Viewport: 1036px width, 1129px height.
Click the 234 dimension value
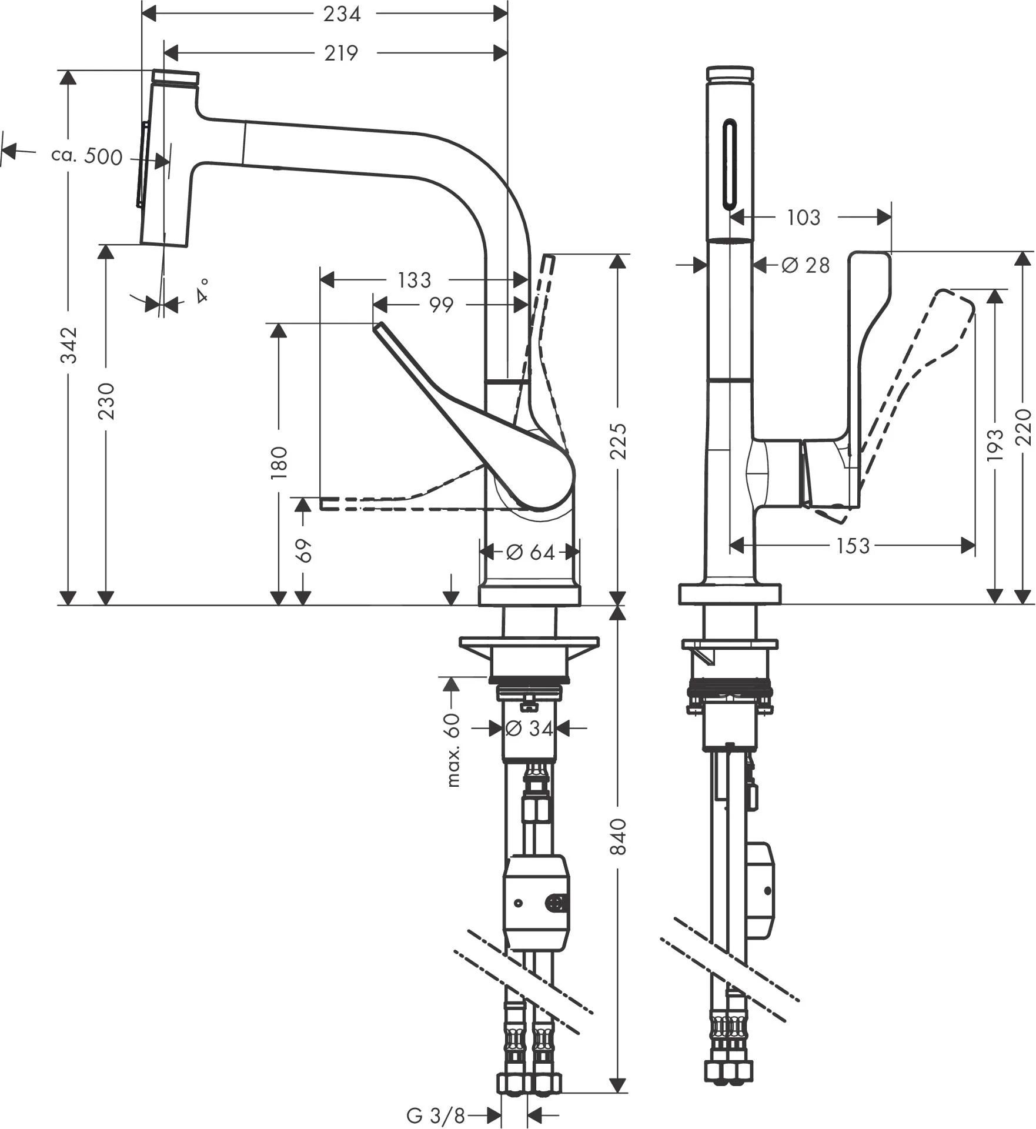[342, 14]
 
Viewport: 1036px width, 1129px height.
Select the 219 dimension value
[341, 54]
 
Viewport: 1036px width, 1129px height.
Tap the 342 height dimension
[69, 345]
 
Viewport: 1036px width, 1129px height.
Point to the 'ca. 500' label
[87, 156]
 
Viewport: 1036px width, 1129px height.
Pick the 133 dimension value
[414, 280]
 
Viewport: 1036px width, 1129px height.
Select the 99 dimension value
[441, 305]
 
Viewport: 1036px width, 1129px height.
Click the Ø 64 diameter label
[530, 552]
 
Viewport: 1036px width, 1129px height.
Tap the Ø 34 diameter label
[529, 729]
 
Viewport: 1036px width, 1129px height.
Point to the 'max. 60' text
[453, 750]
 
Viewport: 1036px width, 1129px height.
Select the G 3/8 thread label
[436, 1115]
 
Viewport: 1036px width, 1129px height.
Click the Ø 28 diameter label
[805, 266]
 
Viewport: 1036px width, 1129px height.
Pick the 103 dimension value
[803, 218]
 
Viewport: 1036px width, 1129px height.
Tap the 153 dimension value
[853, 546]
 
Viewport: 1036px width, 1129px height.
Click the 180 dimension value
[279, 462]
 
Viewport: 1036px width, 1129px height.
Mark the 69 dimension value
[304, 551]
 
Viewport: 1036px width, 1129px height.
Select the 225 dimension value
[619, 440]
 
